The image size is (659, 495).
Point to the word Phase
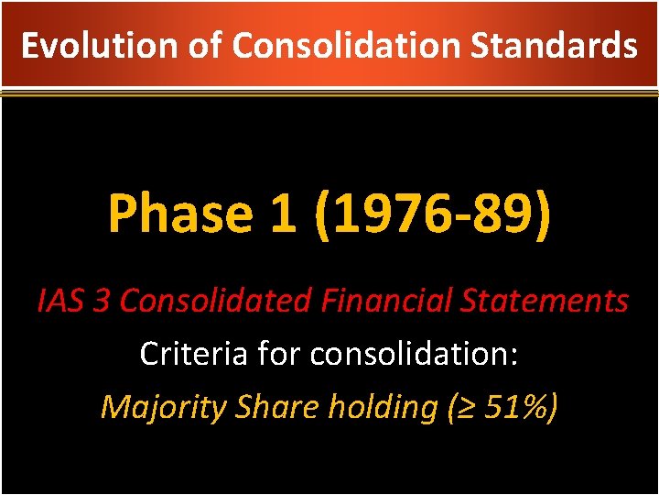pyautogui.click(x=179, y=214)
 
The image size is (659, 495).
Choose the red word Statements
pyautogui.click(x=551, y=300)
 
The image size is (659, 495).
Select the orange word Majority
pyautogui.click(x=162, y=406)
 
